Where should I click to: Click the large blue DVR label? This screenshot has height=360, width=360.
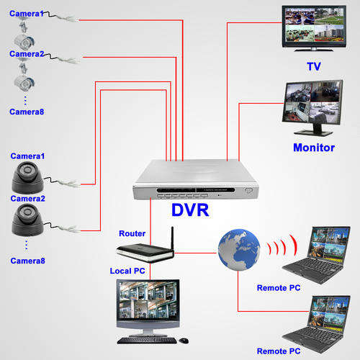[190, 210]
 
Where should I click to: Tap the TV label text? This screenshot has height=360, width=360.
[314, 66]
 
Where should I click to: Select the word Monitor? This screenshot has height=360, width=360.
[314, 148]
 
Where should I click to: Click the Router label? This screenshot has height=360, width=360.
[132, 233]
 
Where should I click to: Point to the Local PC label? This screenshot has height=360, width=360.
[127, 271]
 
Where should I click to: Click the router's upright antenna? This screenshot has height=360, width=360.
[172, 239]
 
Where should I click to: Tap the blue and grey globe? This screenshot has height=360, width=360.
[239, 250]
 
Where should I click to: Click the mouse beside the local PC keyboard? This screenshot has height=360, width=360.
[184, 341]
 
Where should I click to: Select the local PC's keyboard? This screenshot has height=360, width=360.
[147, 341]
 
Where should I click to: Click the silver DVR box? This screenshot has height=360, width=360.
[196, 179]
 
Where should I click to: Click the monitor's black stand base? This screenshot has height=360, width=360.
[313, 132]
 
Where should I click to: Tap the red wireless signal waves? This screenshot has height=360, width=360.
[282, 246]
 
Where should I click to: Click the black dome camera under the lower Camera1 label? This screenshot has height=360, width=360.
[27, 178]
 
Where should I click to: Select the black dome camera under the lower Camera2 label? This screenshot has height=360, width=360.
[27, 220]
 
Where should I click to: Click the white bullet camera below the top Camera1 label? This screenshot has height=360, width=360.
[24, 42]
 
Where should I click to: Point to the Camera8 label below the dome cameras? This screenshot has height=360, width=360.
[28, 261]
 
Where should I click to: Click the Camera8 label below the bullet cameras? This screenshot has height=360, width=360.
[27, 112]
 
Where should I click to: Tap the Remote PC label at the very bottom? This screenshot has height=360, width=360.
[279, 351]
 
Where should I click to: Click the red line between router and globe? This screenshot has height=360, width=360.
[195, 253]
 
